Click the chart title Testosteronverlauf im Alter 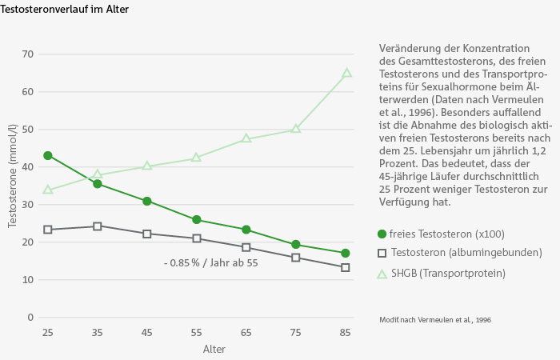(x=65, y=9)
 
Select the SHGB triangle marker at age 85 (x=346, y=74)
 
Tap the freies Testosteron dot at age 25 (x=48, y=155)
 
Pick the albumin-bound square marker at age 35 (x=98, y=226)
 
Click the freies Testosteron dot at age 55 (x=197, y=219)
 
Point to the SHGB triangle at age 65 (x=246, y=138)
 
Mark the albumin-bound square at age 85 (x=346, y=267)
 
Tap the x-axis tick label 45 (x=147, y=332)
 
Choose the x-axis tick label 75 (x=296, y=332)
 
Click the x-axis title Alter (x=214, y=350)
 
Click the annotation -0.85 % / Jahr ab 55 (x=210, y=263)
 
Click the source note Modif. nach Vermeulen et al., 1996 (x=435, y=320)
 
